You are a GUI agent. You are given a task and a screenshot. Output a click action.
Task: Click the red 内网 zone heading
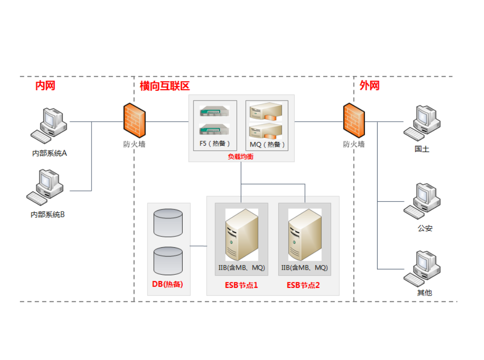pos(45,85)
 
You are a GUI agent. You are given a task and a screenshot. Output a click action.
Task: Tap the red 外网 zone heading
pos(369,85)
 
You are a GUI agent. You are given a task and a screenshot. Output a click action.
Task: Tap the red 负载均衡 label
pos(241,157)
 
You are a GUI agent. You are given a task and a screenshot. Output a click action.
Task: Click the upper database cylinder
pos(168,223)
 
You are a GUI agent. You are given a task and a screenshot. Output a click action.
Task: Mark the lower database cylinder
pos(168,261)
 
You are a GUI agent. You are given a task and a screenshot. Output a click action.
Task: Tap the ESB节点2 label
pos(304,285)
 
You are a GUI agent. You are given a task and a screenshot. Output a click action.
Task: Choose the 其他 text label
pos(424,292)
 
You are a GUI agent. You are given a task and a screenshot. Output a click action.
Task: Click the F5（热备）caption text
pos(215,144)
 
